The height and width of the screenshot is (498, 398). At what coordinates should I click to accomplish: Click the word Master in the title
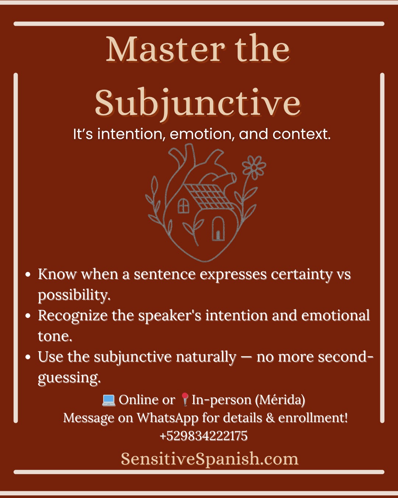[165, 49]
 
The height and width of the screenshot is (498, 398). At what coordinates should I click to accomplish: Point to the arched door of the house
[218, 228]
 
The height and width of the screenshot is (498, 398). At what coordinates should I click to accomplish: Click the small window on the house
[183, 205]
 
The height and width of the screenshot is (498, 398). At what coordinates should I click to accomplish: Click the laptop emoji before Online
[109, 400]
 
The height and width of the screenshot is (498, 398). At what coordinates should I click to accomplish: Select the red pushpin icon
[185, 399]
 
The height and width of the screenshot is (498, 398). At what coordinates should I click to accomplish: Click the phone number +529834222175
[203, 436]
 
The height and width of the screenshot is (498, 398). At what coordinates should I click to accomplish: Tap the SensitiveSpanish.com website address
[210, 459]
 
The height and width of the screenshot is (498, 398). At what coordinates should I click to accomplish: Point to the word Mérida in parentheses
[280, 400]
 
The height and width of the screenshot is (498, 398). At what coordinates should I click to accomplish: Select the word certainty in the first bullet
[301, 275]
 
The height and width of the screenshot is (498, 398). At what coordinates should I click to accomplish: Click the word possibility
[74, 295]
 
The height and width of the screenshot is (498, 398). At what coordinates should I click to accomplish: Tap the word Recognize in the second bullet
[73, 316]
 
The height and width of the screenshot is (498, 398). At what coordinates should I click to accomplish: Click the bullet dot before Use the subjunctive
[28, 357]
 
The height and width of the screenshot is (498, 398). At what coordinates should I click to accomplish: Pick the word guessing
[69, 378]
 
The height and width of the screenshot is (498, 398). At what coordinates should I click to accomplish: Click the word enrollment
[313, 418]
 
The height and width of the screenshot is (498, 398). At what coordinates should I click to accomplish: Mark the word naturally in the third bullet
[206, 357]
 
